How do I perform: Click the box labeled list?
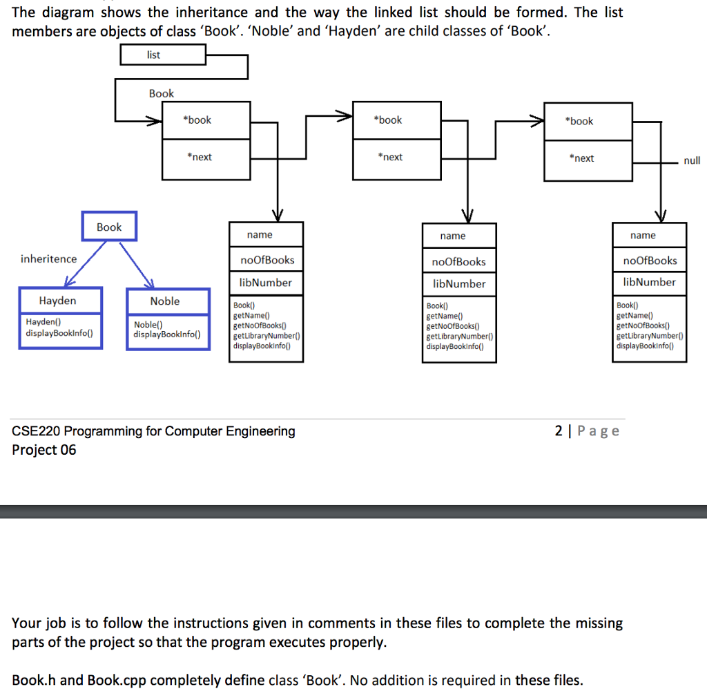(x=163, y=55)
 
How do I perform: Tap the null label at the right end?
(x=692, y=160)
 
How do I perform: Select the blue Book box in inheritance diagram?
(x=109, y=227)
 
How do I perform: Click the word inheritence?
(x=48, y=259)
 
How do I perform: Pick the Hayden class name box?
(x=60, y=301)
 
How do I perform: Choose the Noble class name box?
(x=168, y=301)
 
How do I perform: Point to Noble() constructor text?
(x=148, y=325)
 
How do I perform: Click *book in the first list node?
(x=197, y=120)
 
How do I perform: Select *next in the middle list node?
(x=391, y=158)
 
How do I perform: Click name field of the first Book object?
(x=260, y=235)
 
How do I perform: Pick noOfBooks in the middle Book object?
(x=459, y=262)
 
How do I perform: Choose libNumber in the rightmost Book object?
(x=649, y=282)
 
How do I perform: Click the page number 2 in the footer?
(x=559, y=431)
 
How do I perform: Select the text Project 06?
(x=44, y=450)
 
